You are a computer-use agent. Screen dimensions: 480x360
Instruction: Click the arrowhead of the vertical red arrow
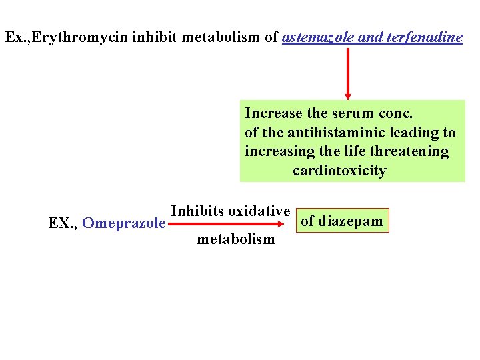pyautogui.click(x=347, y=95)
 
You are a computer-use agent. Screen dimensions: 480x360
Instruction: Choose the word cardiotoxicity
pyautogui.click(x=339, y=171)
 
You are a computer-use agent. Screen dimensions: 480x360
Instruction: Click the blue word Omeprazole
pyautogui.click(x=124, y=223)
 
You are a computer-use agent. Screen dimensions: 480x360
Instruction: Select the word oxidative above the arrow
pyautogui.click(x=259, y=211)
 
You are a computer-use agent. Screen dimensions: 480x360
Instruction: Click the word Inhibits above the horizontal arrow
pyautogui.click(x=197, y=211)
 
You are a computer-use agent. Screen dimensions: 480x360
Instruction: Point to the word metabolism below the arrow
pyautogui.click(x=235, y=239)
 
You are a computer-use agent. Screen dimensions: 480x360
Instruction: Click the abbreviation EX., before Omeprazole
pyautogui.click(x=63, y=223)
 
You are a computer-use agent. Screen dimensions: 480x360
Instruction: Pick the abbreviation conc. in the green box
pyautogui.click(x=395, y=113)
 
